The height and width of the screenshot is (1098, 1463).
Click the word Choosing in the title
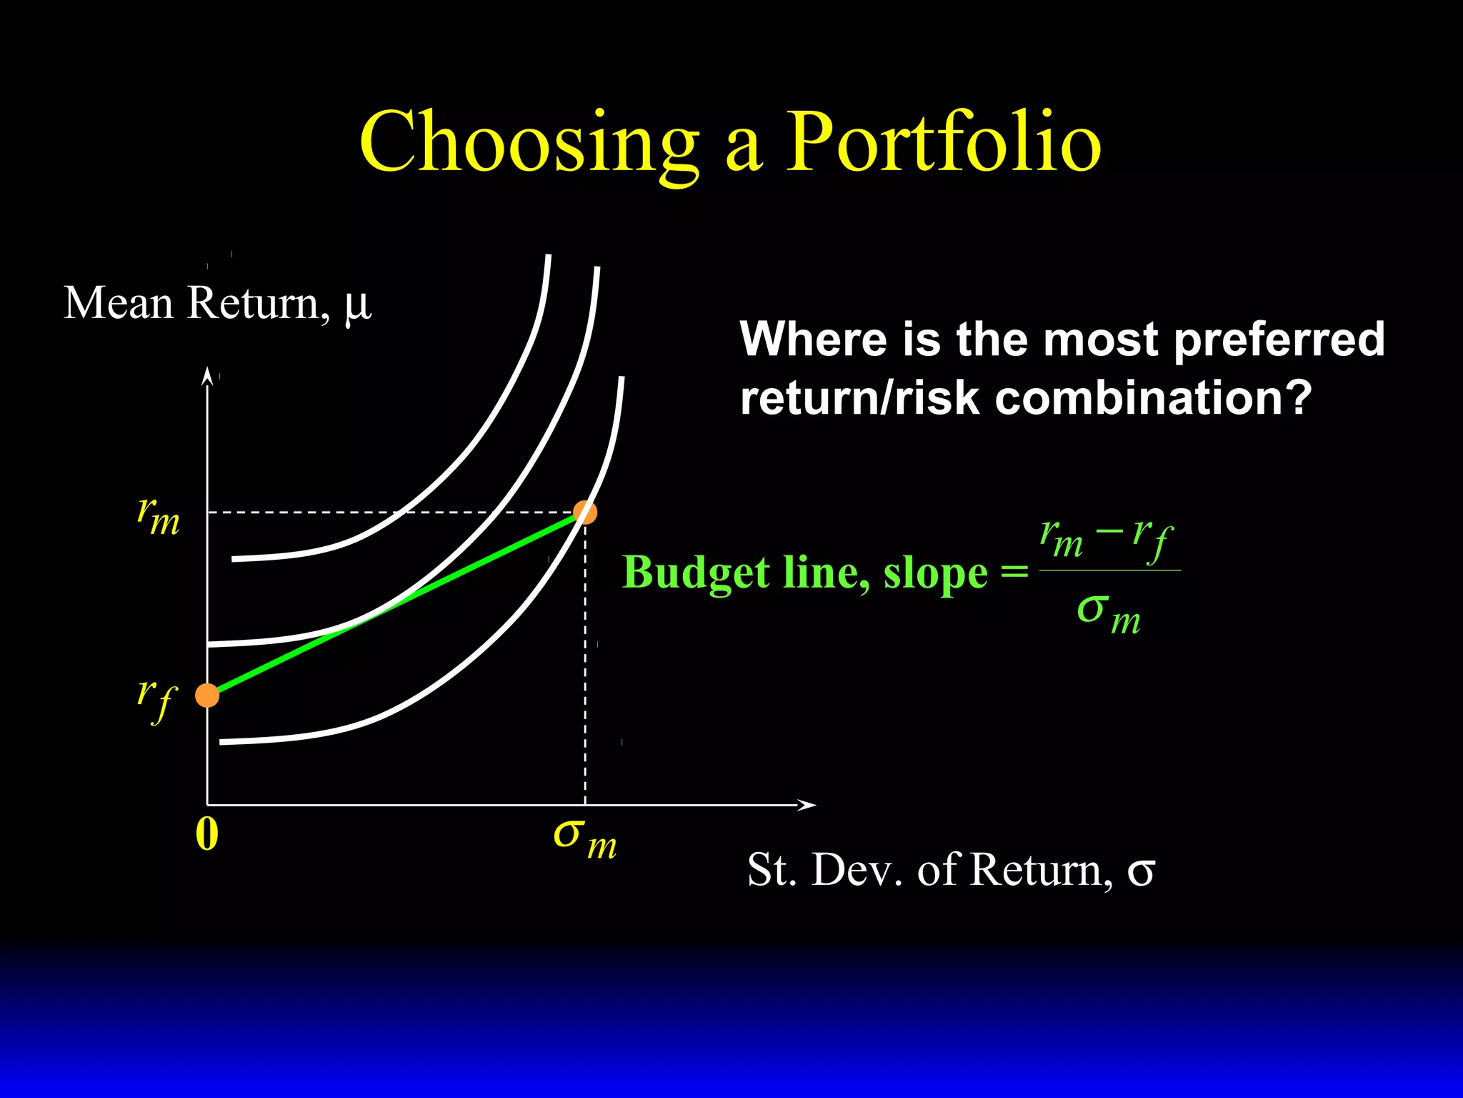(529, 143)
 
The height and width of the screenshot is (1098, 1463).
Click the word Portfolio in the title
(943, 143)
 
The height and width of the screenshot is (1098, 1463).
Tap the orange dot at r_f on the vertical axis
(207, 695)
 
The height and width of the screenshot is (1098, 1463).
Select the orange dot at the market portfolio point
(585, 512)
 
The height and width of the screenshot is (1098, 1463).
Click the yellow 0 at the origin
(206, 834)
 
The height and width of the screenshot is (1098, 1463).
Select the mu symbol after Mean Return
(358, 305)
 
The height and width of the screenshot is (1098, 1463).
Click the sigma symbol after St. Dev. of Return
(1141, 871)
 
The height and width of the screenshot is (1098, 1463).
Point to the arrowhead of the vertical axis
(207, 375)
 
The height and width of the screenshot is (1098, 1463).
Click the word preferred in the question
(1279, 339)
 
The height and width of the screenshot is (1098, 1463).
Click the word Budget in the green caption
(696, 573)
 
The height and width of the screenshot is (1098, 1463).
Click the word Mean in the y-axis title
(119, 303)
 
